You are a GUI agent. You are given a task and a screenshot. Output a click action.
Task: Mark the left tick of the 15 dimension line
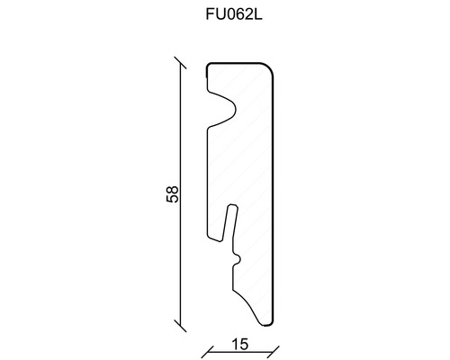click(x=206, y=349)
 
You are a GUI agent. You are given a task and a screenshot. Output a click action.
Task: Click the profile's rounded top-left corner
click(x=210, y=67)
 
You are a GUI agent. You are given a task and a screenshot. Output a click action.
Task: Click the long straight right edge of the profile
click(x=274, y=198)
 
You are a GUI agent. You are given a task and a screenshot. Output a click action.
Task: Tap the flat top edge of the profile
click(x=238, y=65)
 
